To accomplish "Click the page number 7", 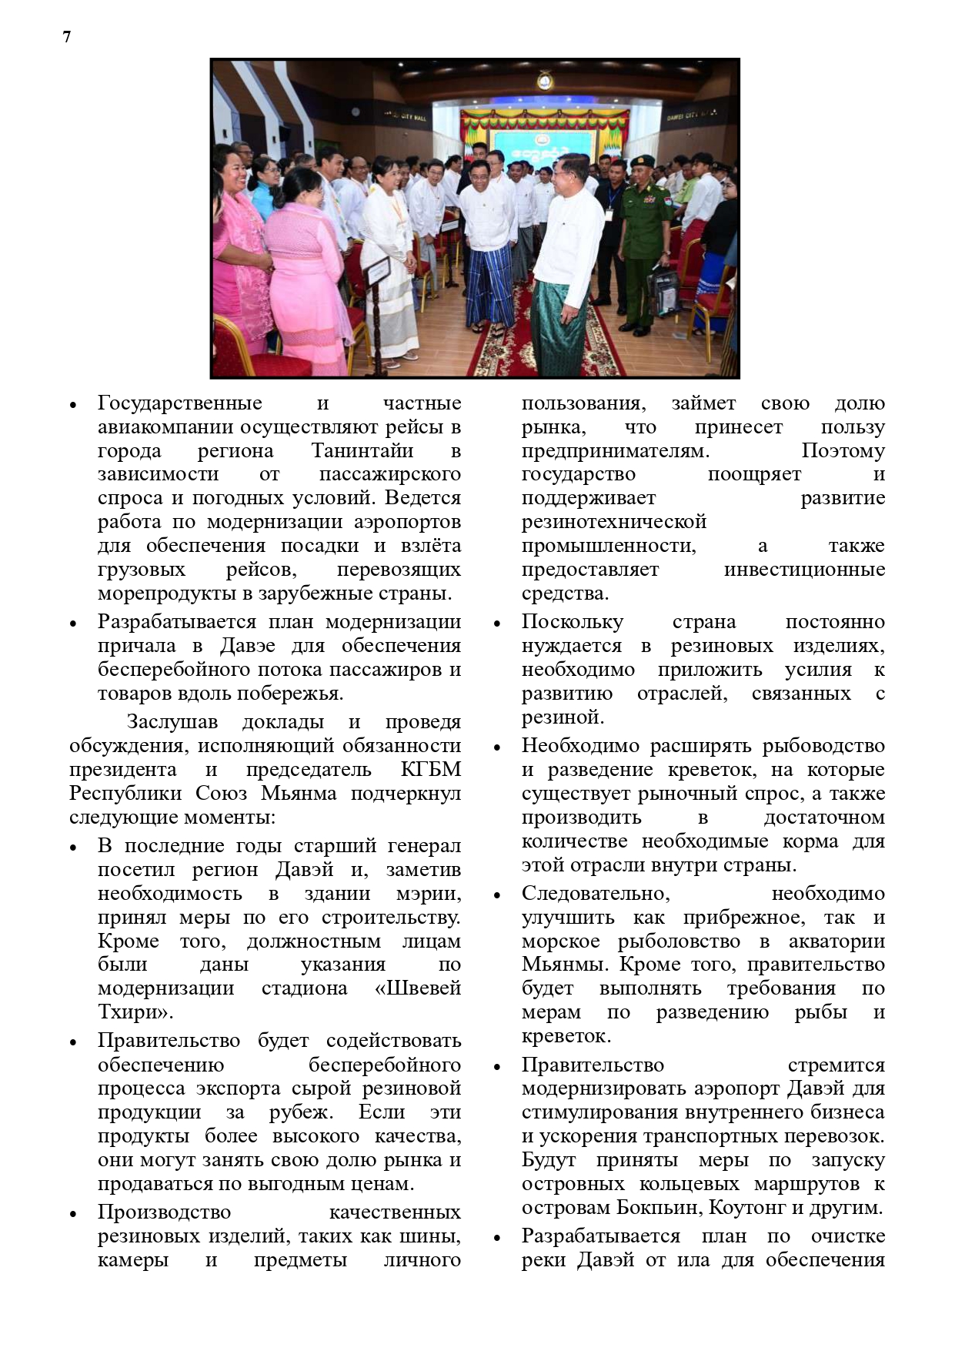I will click(x=67, y=37).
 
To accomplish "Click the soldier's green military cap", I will click(x=642, y=165).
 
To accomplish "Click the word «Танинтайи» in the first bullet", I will click(x=362, y=450).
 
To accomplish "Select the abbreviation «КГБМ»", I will click(x=431, y=769).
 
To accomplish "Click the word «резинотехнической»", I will click(x=613, y=521).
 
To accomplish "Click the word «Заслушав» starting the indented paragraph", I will click(x=172, y=721).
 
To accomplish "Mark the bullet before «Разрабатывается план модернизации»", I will click(x=74, y=623).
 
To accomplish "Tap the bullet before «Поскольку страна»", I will click(x=498, y=623).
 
